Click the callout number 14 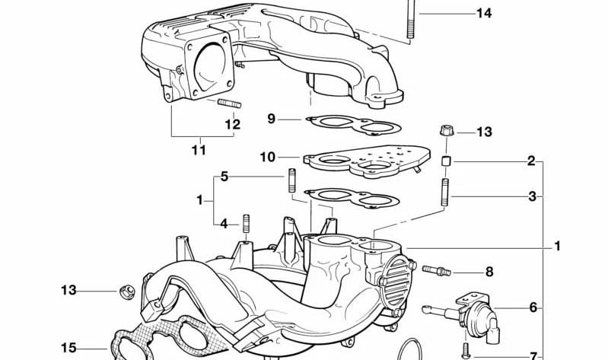(x=484, y=14)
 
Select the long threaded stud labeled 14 (x=411, y=19)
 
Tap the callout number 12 (x=233, y=125)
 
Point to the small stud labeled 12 (x=230, y=104)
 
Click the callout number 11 (x=199, y=150)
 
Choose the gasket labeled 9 (x=353, y=126)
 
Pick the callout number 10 (x=268, y=157)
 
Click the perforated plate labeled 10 (x=367, y=161)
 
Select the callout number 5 (x=224, y=177)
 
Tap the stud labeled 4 (x=246, y=224)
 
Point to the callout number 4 (x=224, y=224)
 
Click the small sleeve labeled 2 (x=447, y=161)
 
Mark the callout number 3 (x=533, y=196)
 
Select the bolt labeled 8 (x=436, y=270)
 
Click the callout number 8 (x=489, y=272)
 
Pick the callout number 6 (x=533, y=307)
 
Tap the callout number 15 (x=68, y=348)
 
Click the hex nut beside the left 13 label (x=127, y=291)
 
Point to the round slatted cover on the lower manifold (x=396, y=282)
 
